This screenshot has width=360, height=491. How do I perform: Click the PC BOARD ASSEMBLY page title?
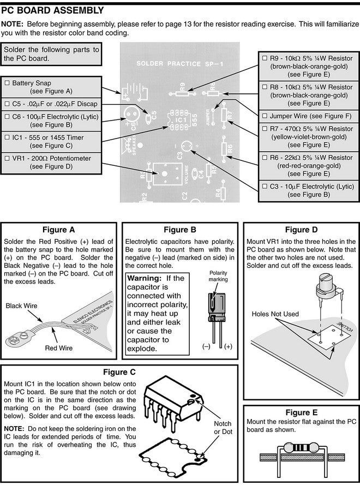coord(52,10)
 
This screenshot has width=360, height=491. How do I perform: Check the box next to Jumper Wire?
coord(265,116)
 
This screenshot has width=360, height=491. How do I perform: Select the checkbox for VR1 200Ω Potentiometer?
coord(7,158)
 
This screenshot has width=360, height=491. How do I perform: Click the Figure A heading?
coord(58,230)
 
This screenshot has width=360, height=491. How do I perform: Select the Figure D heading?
coord(297,230)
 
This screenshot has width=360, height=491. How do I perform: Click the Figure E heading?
coord(297,412)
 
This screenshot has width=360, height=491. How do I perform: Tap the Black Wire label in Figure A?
coord(21,306)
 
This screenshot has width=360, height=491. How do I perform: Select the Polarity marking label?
coord(218,275)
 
